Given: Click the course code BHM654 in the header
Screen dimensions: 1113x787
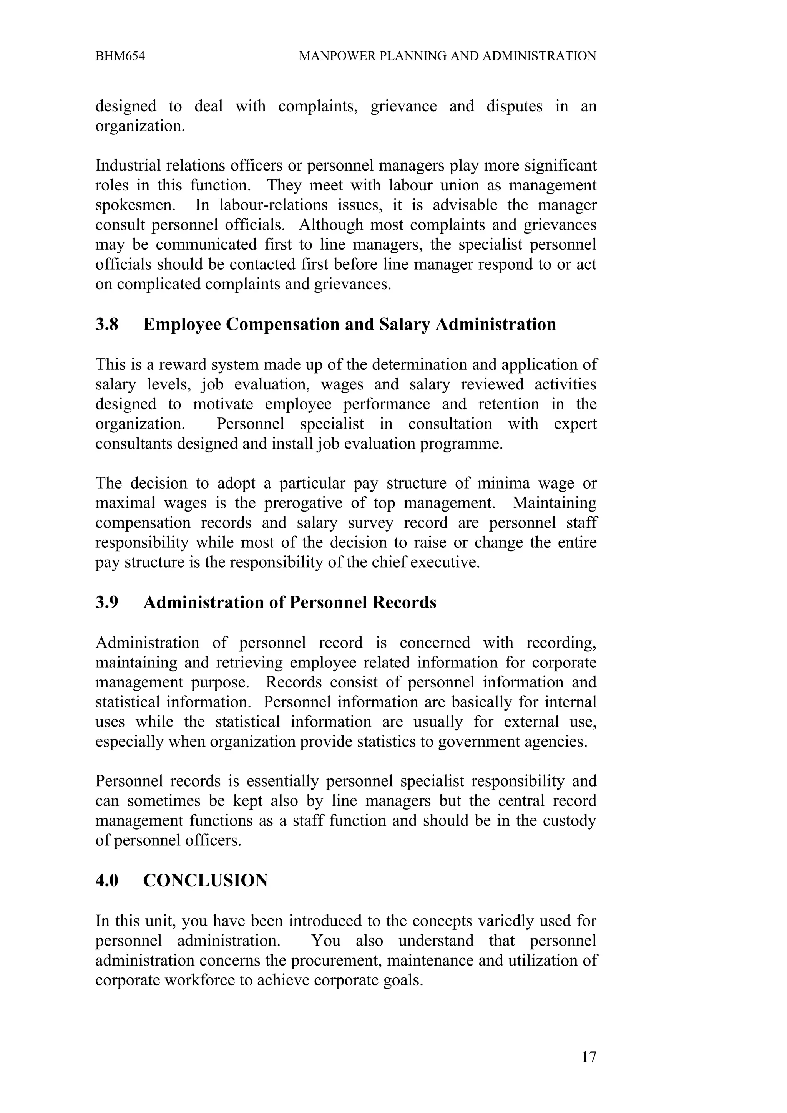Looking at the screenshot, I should pyautogui.click(x=120, y=56).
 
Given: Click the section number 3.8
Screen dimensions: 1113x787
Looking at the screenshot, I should pyautogui.click(x=107, y=324).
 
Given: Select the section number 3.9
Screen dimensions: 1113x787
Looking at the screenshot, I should pyautogui.click(x=107, y=603).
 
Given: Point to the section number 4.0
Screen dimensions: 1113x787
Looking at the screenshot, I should pyautogui.click(x=107, y=881).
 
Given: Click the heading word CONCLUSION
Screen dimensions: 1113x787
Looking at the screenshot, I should pyautogui.click(x=205, y=881).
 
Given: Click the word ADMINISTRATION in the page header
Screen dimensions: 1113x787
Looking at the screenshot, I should pyautogui.click(x=539, y=56).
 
